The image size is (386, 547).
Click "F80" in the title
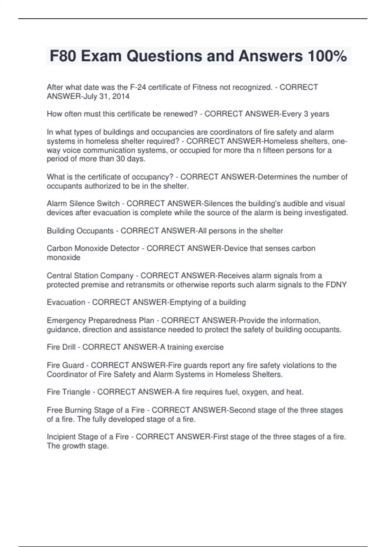[x=63, y=56]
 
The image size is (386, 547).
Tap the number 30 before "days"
[x=121, y=159]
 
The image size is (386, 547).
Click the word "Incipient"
[x=61, y=437]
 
